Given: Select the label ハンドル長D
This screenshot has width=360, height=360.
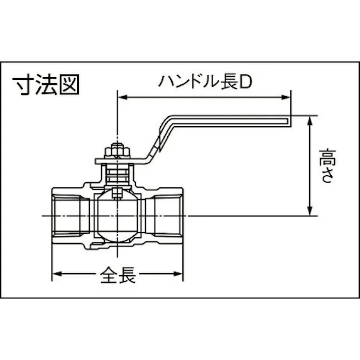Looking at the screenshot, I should (x=204, y=81).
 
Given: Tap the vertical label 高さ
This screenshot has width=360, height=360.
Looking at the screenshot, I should (x=325, y=166).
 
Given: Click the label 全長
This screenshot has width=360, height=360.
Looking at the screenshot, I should (x=118, y=275).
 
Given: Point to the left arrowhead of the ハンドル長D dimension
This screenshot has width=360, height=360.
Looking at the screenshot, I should (x=122, y=96).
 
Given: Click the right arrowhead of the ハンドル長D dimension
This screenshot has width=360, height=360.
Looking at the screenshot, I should (x=287, y=96).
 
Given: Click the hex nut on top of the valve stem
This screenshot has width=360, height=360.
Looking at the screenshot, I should (x=117, y=151).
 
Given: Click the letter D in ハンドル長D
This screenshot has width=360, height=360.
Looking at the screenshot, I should (x=244, y=81).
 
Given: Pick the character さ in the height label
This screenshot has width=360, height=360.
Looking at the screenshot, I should (x=325, y=176).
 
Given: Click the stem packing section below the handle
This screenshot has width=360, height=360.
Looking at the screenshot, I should (x=117, y=174).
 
